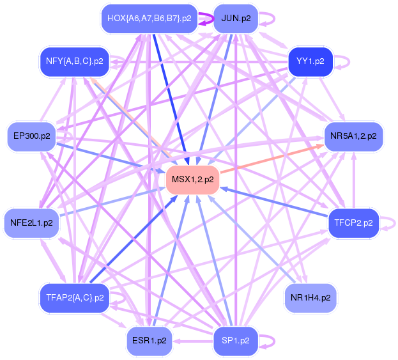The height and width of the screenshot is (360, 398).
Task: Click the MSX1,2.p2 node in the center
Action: pyautogui.click(x=193, y=179)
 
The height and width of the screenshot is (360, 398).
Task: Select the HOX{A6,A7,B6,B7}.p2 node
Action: pyautogui.click(x=149, y=19)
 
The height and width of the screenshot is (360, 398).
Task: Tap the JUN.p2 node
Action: pyautogui.click(x=235, y=19)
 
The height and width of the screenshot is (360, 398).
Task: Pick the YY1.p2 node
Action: pyautogui.click(x=310, y=61)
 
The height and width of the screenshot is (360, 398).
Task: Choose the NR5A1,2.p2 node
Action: pyautogui.click(x=353, y=136)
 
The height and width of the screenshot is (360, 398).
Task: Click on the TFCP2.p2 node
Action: pyautogui.click(x=353, y=223)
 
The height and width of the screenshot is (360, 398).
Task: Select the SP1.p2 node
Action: pyautogui.click(x=235, y=340)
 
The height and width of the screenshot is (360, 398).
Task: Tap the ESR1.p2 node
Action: pyautogui.click(x=149, y=340)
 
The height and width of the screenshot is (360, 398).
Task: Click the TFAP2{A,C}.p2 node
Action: pyautogui.click(x=74, y=297)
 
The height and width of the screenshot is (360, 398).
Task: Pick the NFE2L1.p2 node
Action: pyautogui.click(x=31, y=223)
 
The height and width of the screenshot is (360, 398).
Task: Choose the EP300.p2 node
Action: pyautogui.click(x=31, y=136)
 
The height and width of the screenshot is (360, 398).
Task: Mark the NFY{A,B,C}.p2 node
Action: pyautogui.click(x=74, y=61)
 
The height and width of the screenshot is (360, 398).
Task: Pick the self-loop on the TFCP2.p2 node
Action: pyautogui.click(x=390, y=223)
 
